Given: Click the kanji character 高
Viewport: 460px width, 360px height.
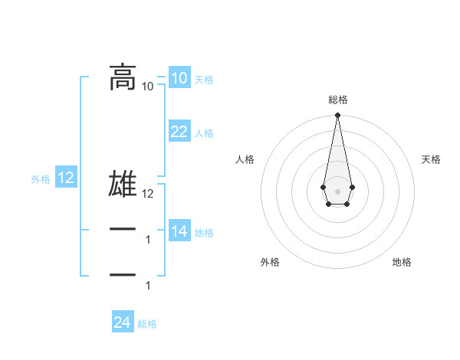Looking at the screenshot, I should tap(123, 77).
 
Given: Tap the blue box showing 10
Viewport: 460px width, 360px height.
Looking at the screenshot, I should tap(179, 78).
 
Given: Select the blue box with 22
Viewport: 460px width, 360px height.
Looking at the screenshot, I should tap(179, 132).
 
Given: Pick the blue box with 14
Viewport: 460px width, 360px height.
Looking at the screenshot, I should tap(179, 231).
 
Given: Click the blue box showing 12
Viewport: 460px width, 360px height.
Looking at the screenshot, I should tap(66, 178).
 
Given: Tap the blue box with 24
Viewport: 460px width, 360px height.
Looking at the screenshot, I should tap(123, 322).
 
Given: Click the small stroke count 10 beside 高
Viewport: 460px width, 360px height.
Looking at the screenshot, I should tap(148, 87).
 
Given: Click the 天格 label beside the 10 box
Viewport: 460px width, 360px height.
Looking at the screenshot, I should tap(204, 80).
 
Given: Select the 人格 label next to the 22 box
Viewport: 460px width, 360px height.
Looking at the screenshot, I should tap(204, 133).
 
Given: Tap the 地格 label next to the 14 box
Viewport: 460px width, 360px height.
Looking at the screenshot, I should tap(204, 233).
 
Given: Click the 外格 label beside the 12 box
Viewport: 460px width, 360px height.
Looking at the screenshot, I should tap(41, 180).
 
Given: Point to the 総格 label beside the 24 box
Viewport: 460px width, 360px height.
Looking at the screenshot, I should tap(147, 324).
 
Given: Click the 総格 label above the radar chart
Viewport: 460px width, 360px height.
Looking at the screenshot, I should tap(337, 100).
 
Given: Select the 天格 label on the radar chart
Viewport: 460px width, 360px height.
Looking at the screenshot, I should tap(431, 159).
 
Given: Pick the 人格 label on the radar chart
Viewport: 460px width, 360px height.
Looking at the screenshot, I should tap(245, 159).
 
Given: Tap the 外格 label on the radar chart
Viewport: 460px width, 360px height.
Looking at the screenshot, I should tap(270, 262).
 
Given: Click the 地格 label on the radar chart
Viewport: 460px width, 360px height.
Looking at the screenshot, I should tap(402, 262).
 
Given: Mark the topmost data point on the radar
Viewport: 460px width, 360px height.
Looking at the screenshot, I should tap(337, 116).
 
